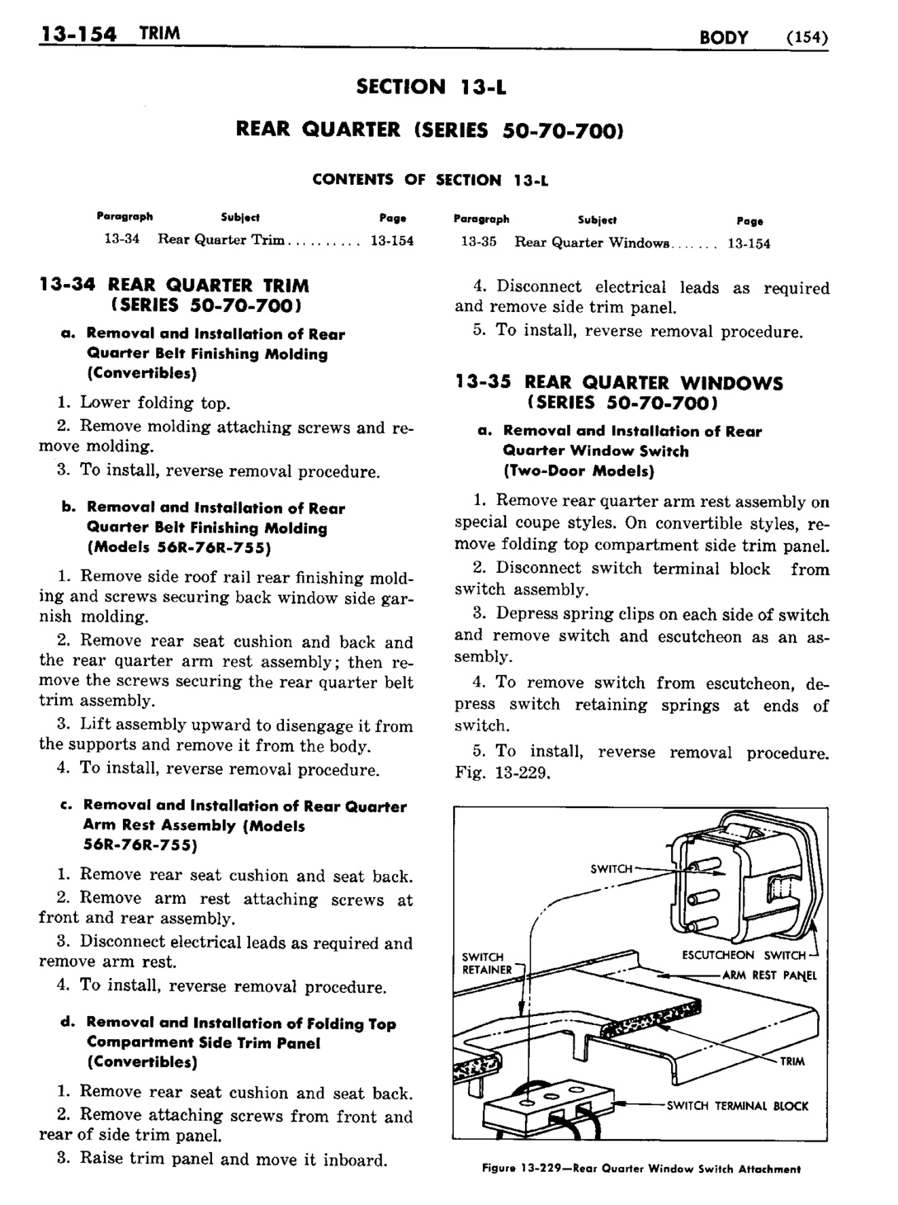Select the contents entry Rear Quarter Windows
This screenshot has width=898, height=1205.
click(x=592, y=243)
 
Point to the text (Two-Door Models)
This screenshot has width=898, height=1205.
click(x=578, y=471)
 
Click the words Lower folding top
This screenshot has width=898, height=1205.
click(x=154, y=403)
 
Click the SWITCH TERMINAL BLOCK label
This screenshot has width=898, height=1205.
click(x=737, y=1105)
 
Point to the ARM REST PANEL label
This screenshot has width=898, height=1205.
click(x=768, y=975)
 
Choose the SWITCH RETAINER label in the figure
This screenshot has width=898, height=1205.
click(x=487, y=963)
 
